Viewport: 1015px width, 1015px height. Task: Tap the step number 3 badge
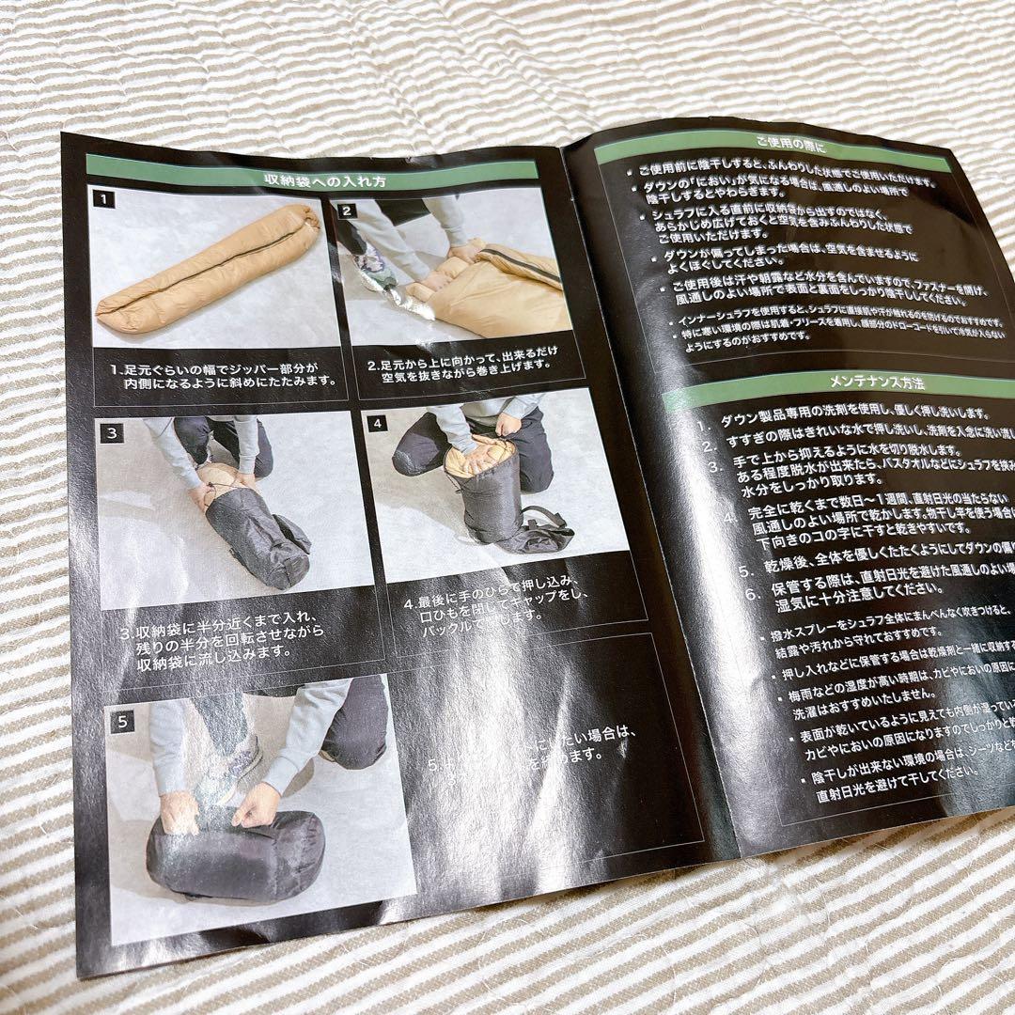(x=112, y=433)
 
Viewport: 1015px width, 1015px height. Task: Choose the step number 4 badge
(x=378, y=423)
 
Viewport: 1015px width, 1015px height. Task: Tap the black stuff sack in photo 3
(x=256, y=537)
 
